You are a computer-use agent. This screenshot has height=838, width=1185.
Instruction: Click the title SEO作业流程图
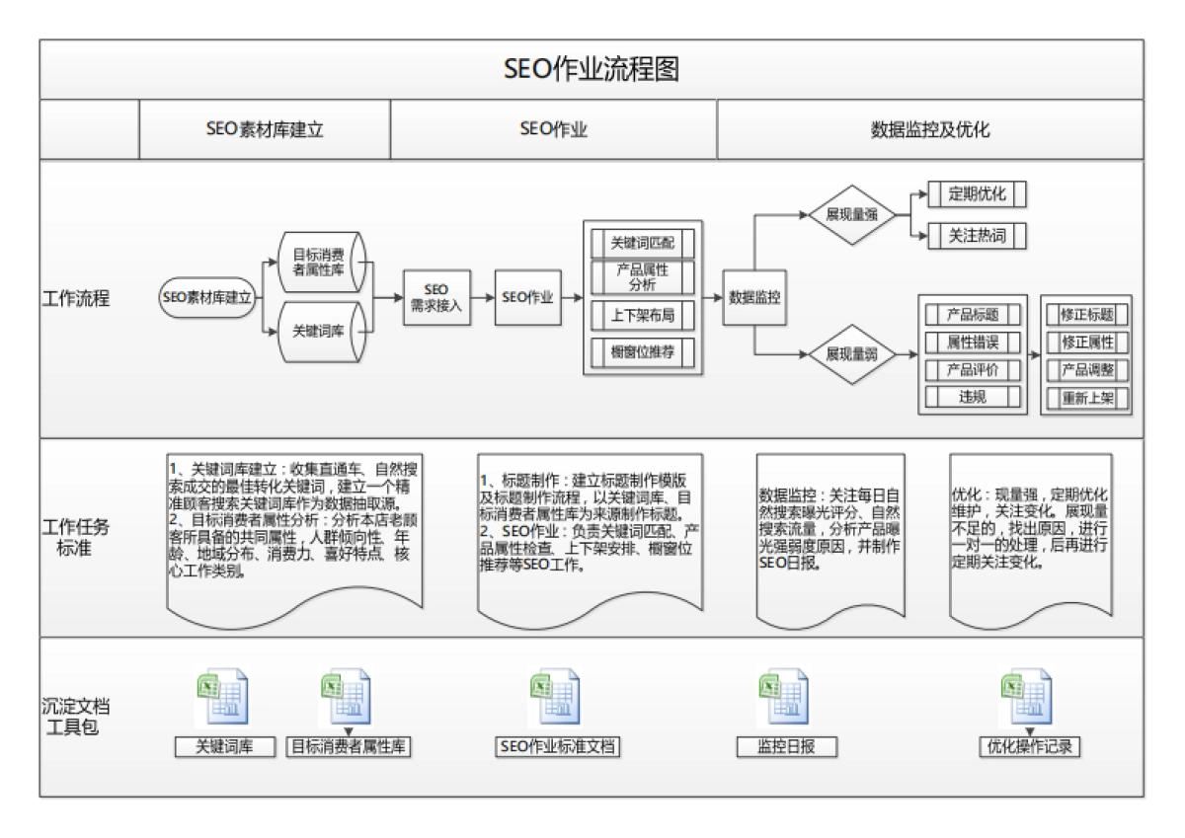(592, 69)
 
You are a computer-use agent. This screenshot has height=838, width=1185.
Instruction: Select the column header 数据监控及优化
(929, 129)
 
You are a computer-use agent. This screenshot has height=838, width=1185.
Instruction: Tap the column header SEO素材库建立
(265, 129)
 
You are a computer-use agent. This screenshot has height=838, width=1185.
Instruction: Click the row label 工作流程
(76, 298)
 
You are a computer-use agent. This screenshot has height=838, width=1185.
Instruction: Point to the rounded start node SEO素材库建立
(207, 297)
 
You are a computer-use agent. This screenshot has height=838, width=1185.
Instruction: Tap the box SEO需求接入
(436, 297)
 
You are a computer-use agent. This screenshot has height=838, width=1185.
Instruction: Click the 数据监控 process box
(755, 297)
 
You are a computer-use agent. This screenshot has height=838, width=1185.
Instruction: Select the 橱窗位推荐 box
(643, 351)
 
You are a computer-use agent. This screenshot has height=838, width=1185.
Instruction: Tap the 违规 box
(972, 398)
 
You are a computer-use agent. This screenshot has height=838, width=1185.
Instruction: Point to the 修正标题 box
(1086, 315)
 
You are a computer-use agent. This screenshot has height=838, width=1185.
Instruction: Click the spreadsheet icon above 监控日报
(782, 699)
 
